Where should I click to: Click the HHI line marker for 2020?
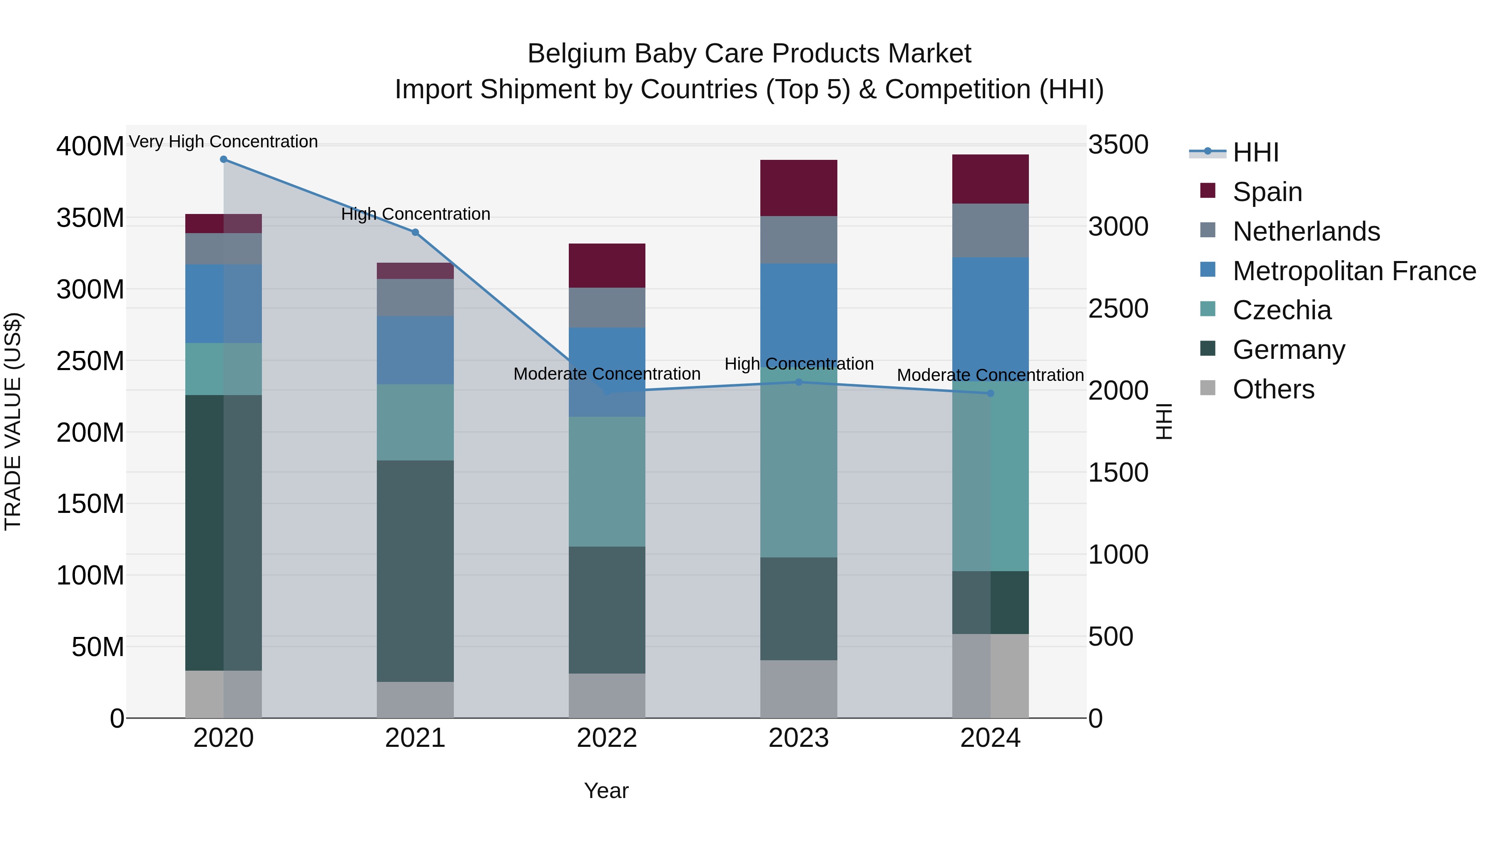coord(224,159)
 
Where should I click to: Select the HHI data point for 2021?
coord(415,233)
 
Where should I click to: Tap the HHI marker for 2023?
coord(798,382)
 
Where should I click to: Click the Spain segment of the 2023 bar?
coord(798,188)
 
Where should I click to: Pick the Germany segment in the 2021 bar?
coord(415,570)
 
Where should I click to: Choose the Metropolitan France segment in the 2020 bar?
coord(224,304)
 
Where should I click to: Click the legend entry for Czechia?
coord(1281,310)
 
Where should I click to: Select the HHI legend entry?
coord(1255,152)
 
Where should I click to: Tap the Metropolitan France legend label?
coord(1354,271)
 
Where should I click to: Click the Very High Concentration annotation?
coord(224,142)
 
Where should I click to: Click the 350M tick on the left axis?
coord(90,218)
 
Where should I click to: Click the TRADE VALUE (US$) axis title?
coord(13,421)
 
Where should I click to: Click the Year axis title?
coord(606,791)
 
